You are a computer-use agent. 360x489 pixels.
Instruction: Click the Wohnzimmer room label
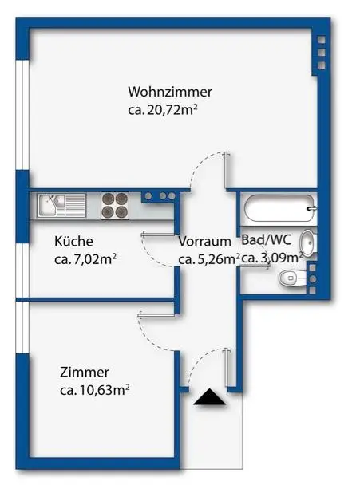pyautogui.click(x=169, y=92)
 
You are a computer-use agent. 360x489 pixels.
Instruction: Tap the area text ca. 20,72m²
pyautogui.click(x=163, y=110)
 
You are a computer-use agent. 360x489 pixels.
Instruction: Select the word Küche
pyautogui.click(x=74, y=241)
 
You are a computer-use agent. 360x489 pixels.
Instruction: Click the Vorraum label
pyautogui.click(x=205, y=241)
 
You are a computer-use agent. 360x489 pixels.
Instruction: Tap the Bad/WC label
pyautogui.click(x=267, y=239)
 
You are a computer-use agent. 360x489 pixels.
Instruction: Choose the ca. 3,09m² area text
pyautogui.click(x=271, y=258)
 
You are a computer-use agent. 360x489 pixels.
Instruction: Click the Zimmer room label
pyautogui.click(x=84, y=372)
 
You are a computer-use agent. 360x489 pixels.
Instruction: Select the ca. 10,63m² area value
pyautogui.click(x=95, y=390)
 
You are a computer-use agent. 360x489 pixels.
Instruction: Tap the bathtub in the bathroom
pyautogui.click(x=279, y=211)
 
